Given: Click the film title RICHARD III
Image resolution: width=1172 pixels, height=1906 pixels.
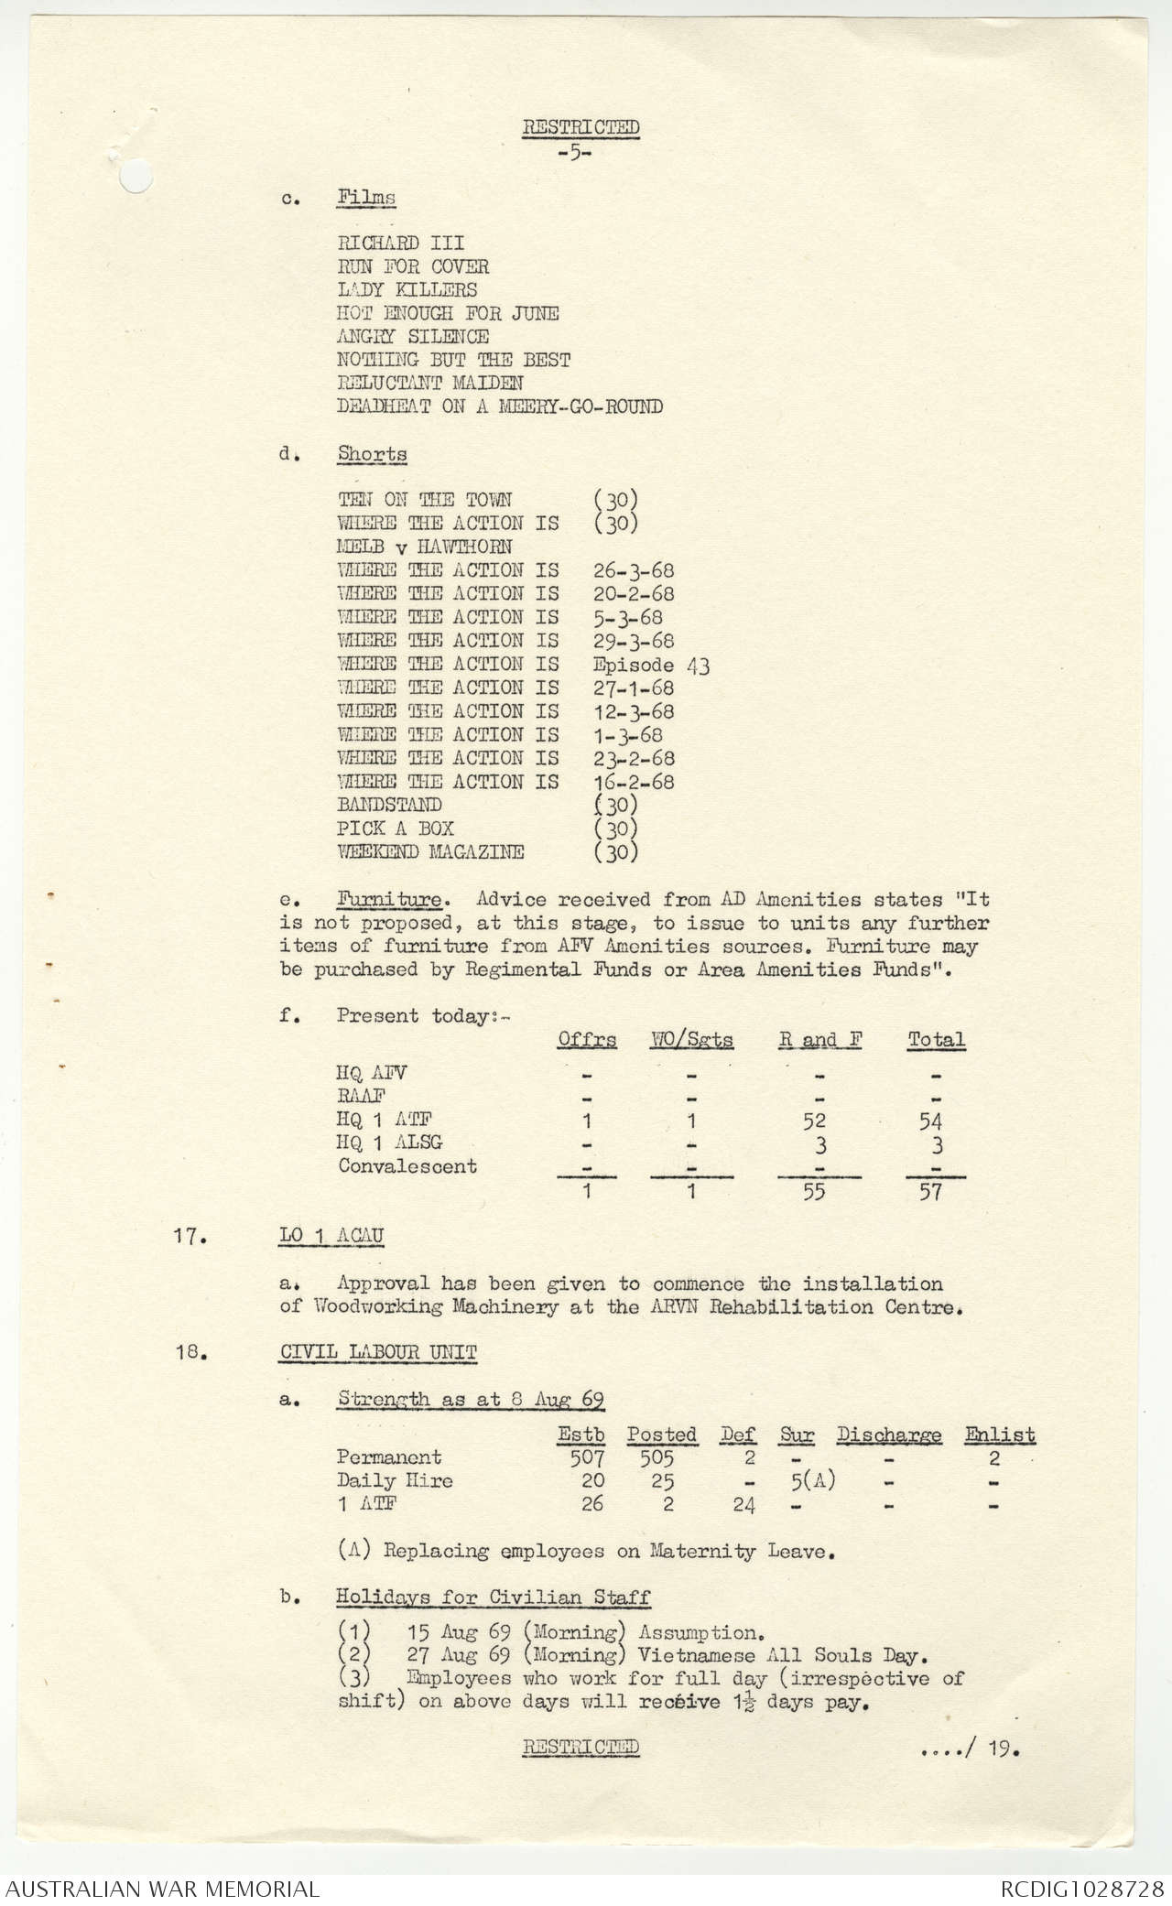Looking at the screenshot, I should click(x=400, y=244).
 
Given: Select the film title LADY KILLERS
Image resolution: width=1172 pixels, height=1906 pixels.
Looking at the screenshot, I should click(x=407, y=290).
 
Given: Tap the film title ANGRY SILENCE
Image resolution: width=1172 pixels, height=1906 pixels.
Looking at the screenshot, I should click(x=412, y=337).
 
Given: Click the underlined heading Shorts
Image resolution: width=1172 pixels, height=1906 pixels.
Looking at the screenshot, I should click(x=372, y=454).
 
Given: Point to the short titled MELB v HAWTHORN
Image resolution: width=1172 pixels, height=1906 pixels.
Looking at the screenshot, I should click(x=424, y=547).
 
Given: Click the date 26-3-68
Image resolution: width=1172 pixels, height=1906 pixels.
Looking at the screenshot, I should click(x=634, y=570).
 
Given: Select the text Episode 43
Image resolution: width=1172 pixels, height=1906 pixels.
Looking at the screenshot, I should click(x=651, y=665).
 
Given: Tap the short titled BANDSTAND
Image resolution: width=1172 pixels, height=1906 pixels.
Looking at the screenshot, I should click(x=389, y=806).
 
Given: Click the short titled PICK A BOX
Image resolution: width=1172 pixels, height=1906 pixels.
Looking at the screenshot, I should click(x=395, y=828).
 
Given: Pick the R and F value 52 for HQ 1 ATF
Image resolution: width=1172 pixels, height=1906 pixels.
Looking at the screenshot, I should click(x=813, y=1121).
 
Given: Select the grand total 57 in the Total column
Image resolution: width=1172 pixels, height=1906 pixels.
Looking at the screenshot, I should click(x=930, y=1192).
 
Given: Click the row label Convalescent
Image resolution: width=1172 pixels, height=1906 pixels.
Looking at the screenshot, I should click(x=407, y=1166).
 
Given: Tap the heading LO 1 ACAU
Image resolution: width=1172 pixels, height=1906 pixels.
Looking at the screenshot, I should click(x=331, y=1236).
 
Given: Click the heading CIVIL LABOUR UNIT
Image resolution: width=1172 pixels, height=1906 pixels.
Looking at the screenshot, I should click(x=378, y=1353).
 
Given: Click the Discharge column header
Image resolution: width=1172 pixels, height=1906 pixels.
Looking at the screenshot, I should click(x=888, y=1435).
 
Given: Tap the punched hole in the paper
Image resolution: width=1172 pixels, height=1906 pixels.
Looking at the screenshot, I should click(x=135, y=177).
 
